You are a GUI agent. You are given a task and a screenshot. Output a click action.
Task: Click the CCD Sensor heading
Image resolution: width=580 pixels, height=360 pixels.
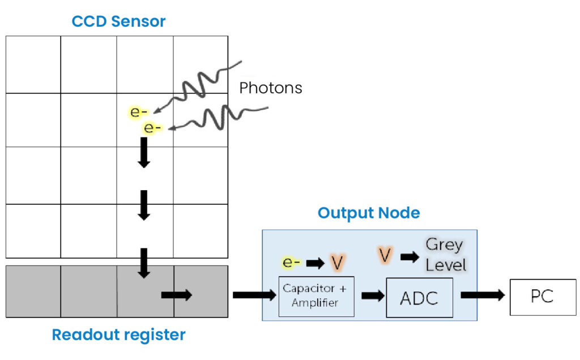[x=118, y=22]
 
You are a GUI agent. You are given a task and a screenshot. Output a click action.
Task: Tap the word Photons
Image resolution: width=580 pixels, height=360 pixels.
[x=270, y=88]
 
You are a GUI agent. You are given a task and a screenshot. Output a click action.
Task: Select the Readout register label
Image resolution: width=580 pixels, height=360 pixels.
[x=118, y=335]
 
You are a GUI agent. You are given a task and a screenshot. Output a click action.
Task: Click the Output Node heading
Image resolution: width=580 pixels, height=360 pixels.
[x=369, y=213]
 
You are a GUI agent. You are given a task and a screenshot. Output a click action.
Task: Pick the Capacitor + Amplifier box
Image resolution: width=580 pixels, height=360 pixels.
[x=317, y=296]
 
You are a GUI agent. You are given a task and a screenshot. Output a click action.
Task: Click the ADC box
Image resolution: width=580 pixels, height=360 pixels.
[x=419, y=297]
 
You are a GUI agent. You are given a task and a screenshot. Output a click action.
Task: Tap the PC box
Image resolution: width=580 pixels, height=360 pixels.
[x=542, y=297]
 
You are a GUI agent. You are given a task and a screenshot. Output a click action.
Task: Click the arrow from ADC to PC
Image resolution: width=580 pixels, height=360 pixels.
[x=482, y=295]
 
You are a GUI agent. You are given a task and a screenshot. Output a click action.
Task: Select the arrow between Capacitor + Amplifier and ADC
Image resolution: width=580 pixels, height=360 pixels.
[x=372, y=295]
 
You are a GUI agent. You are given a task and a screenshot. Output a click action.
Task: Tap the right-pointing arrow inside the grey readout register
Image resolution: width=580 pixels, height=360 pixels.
[x=177, y=295]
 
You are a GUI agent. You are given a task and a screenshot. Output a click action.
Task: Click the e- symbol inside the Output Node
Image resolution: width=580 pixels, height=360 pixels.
[x=292, y=263]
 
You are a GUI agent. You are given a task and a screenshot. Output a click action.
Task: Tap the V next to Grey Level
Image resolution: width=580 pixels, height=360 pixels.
[x=385, y=255]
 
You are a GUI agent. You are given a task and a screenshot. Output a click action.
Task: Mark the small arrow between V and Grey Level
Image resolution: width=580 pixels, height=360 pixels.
[x=410, y=256]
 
